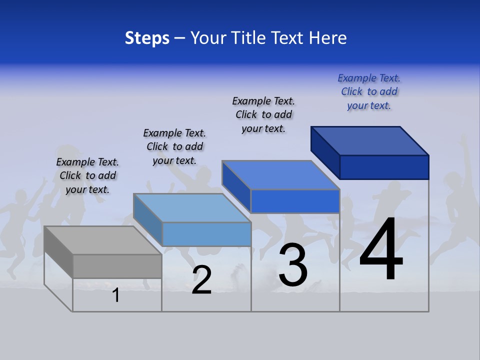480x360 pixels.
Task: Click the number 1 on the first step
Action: point(116,295)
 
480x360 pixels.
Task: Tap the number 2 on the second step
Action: point(201,280)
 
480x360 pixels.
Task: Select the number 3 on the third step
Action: point(293,265)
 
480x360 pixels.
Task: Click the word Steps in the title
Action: point(147,38)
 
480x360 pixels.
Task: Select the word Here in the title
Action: point(328,38)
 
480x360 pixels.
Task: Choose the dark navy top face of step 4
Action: point(370,140)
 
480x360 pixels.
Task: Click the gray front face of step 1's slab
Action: point(117,266)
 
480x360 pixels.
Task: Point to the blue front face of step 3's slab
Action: point(295,201)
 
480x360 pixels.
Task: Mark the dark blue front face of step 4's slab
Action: point(384,167)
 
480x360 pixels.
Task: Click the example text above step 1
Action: point(87,175)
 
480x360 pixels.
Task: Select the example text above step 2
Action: point(174,146)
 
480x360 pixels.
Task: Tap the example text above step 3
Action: point(263,114)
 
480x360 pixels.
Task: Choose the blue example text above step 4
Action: point(369,91)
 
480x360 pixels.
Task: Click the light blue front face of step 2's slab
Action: point(206,234)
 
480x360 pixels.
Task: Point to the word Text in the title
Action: point(286,38)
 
